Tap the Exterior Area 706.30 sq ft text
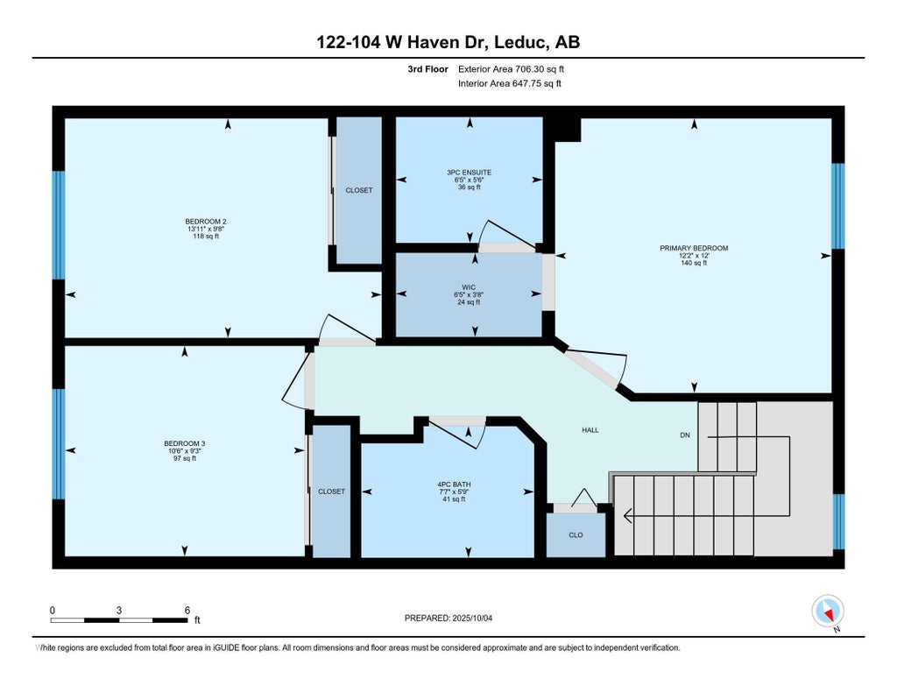511,69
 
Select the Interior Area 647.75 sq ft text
509,83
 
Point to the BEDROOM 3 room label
184,443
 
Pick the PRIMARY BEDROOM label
694,248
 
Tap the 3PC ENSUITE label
470,173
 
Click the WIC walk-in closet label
469,287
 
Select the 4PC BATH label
455,484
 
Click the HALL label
590,430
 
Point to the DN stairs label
685,435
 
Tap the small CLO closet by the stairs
576,535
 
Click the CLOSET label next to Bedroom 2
358,191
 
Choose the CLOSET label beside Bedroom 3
331,491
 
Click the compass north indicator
828,612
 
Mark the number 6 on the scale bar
187,611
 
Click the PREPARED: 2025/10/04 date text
448,618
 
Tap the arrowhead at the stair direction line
627,516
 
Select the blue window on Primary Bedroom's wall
837,206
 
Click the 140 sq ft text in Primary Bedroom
694,263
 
